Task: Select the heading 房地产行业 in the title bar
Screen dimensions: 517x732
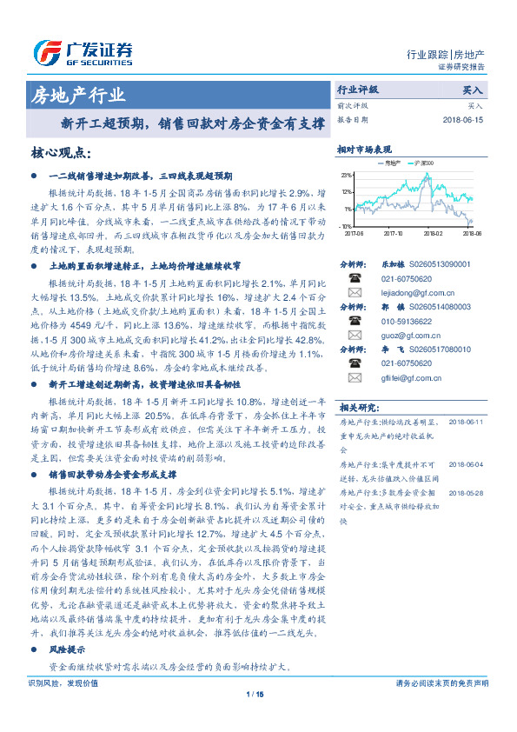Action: (x=78, y=95)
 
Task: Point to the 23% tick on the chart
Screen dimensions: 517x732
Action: (x=347, y=176)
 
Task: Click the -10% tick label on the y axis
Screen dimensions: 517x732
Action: (x=346, y=225)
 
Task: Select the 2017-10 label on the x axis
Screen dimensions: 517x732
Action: (x=393, y=233)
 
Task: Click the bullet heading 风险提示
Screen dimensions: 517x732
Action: (x=67, y=649)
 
